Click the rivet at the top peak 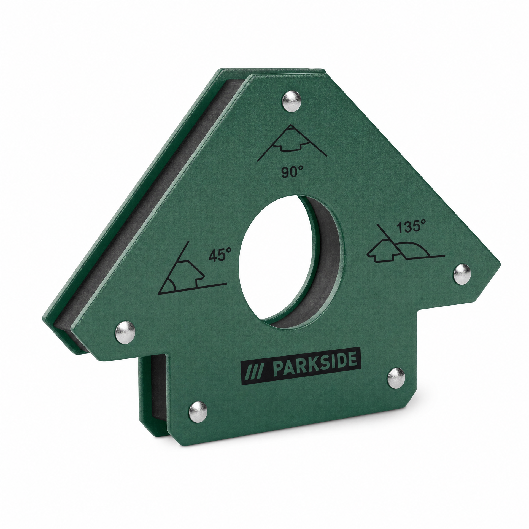[292, 102]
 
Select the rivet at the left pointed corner [125, 332]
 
